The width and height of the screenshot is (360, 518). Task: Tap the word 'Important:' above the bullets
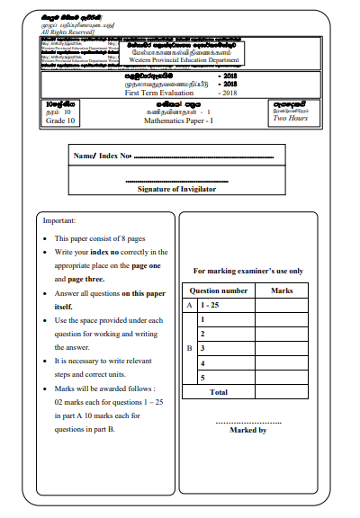(59, 221)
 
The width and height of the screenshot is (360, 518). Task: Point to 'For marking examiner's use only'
(248, 271)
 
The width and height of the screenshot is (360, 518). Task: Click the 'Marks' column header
(282, 290)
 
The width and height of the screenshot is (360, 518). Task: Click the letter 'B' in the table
(189, 347)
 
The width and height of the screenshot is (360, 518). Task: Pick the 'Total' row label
(218, 392)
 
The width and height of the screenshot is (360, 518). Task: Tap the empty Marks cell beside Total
(282, 392)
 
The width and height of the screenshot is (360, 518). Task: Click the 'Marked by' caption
(248, 430)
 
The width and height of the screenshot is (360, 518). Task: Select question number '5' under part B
(203, 377)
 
